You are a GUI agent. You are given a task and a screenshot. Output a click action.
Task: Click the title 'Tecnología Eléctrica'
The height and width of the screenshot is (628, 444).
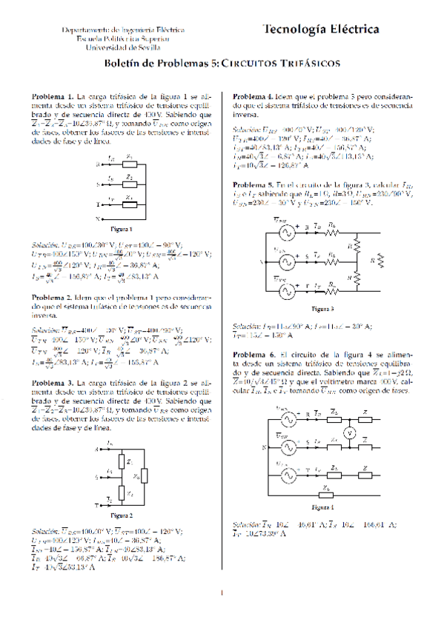(321, 30)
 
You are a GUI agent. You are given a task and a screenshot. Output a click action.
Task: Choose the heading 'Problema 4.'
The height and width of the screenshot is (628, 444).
(254, 97)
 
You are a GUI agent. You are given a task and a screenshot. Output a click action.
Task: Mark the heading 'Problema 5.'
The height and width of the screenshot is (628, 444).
(254, 184)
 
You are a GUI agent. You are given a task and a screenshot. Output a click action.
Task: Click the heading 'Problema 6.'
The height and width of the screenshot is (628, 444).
(254, 355)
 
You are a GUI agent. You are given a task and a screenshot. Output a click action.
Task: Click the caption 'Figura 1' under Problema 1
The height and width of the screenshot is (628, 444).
(120, 229)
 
